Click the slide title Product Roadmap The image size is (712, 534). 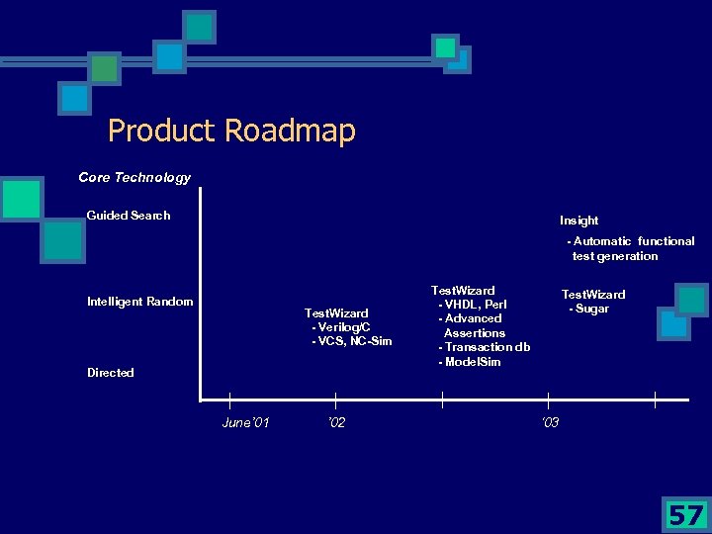(231, 131)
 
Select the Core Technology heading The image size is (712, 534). (134, 178)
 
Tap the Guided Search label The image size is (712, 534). (129, 216)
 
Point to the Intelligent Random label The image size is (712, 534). (140, 302)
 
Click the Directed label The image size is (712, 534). (111, 373)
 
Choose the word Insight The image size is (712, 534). (578, 221)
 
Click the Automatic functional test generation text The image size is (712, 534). (630, 248)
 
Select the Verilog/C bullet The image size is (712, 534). (341, 327)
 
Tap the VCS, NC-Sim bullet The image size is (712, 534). (352, 342)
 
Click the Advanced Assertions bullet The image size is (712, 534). (472, 325)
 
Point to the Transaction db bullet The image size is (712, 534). (485, 347)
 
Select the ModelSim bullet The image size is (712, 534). (471, 362)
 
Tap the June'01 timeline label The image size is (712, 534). (246, 423)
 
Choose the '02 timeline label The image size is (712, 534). (336, 423)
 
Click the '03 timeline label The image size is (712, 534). (550, 423)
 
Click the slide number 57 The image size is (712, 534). (686, 514)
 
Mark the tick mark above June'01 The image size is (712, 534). (229, 400)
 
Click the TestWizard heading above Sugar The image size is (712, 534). (593, 295)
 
